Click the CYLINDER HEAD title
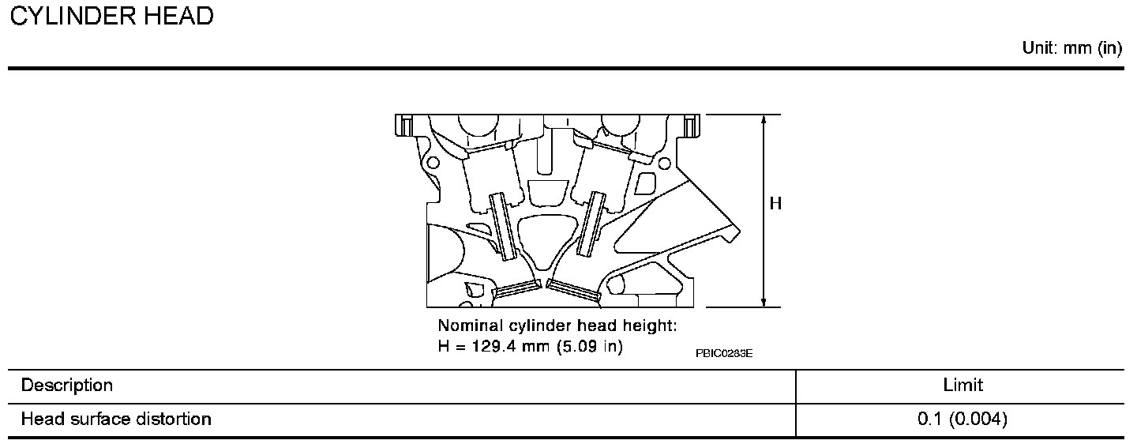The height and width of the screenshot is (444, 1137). click(x=111, y=17)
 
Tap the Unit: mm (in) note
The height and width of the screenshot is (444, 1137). click(x=1071, y=48)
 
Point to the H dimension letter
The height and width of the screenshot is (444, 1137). click(x=775, y=204)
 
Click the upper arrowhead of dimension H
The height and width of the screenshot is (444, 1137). click(x=764, y=121)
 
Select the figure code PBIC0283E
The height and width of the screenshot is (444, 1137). click(x=724, y=353)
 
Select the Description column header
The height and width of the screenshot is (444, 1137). click(x=67, y=386)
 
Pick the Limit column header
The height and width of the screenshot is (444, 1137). click(x=963, y=386)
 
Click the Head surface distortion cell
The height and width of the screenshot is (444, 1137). click(x=116, y=419)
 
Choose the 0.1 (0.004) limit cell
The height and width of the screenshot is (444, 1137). click(x=963, y=419)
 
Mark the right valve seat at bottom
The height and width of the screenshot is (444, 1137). click(x=574, y=290)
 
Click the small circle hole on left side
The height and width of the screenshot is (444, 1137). click(x=432, y=164)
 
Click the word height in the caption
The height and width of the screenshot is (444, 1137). click(x=651, y=325)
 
